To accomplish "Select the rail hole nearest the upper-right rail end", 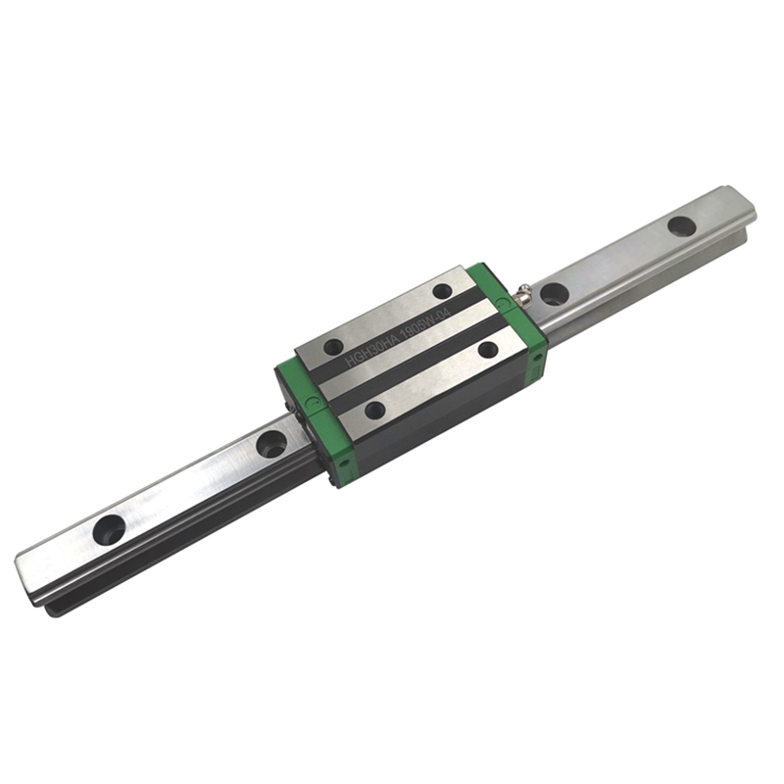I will click(681, 225).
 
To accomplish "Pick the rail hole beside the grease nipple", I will click(554, 293).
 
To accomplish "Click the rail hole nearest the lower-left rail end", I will click(110, 530).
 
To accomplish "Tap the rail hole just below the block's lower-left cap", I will click(271, 444).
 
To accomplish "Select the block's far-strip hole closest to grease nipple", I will click(442, 291).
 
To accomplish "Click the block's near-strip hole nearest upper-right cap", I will click(487, 349).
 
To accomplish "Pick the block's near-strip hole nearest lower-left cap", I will click(374, 410).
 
